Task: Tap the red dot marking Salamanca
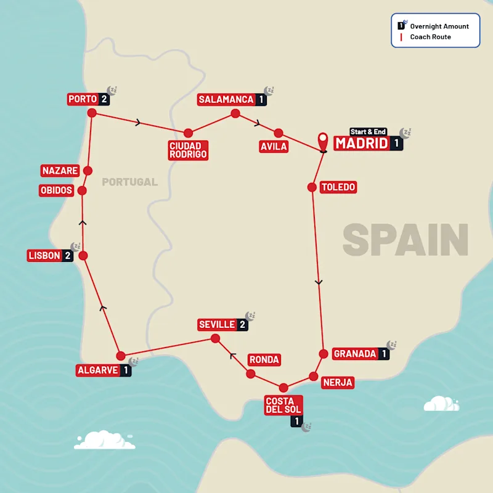pyautogui.click(x=235, y=113)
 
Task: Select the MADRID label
pyautogui.click(x=362, y=144)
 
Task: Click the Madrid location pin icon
pyautogui.click(x=322, y=141)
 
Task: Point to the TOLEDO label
pyautogui.click(x=338, y=187)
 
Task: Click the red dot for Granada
pyautogui.click(x=323, y=354)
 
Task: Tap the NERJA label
pyautogui.click(x=337, y=383)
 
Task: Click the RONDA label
pyautogui.click(x=264, y=359)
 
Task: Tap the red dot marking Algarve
pyautogui.click(x=121, y=356)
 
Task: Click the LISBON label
pyautogui.click(x=44, y=256)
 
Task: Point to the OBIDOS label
pyautogui.click(x=56, y=190)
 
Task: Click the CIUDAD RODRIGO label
pyautogui.click(x=188, y=150)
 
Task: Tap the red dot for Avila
pyautogui.click(x=279, y=132)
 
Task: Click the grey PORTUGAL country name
pyautogui.click(x=129, y=182)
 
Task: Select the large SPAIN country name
pyautogui.click(x=405, y=240)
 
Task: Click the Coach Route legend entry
pyautogui.click(x=430, y=37)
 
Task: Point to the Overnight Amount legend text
pyautogui.click(x=439, y=26)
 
